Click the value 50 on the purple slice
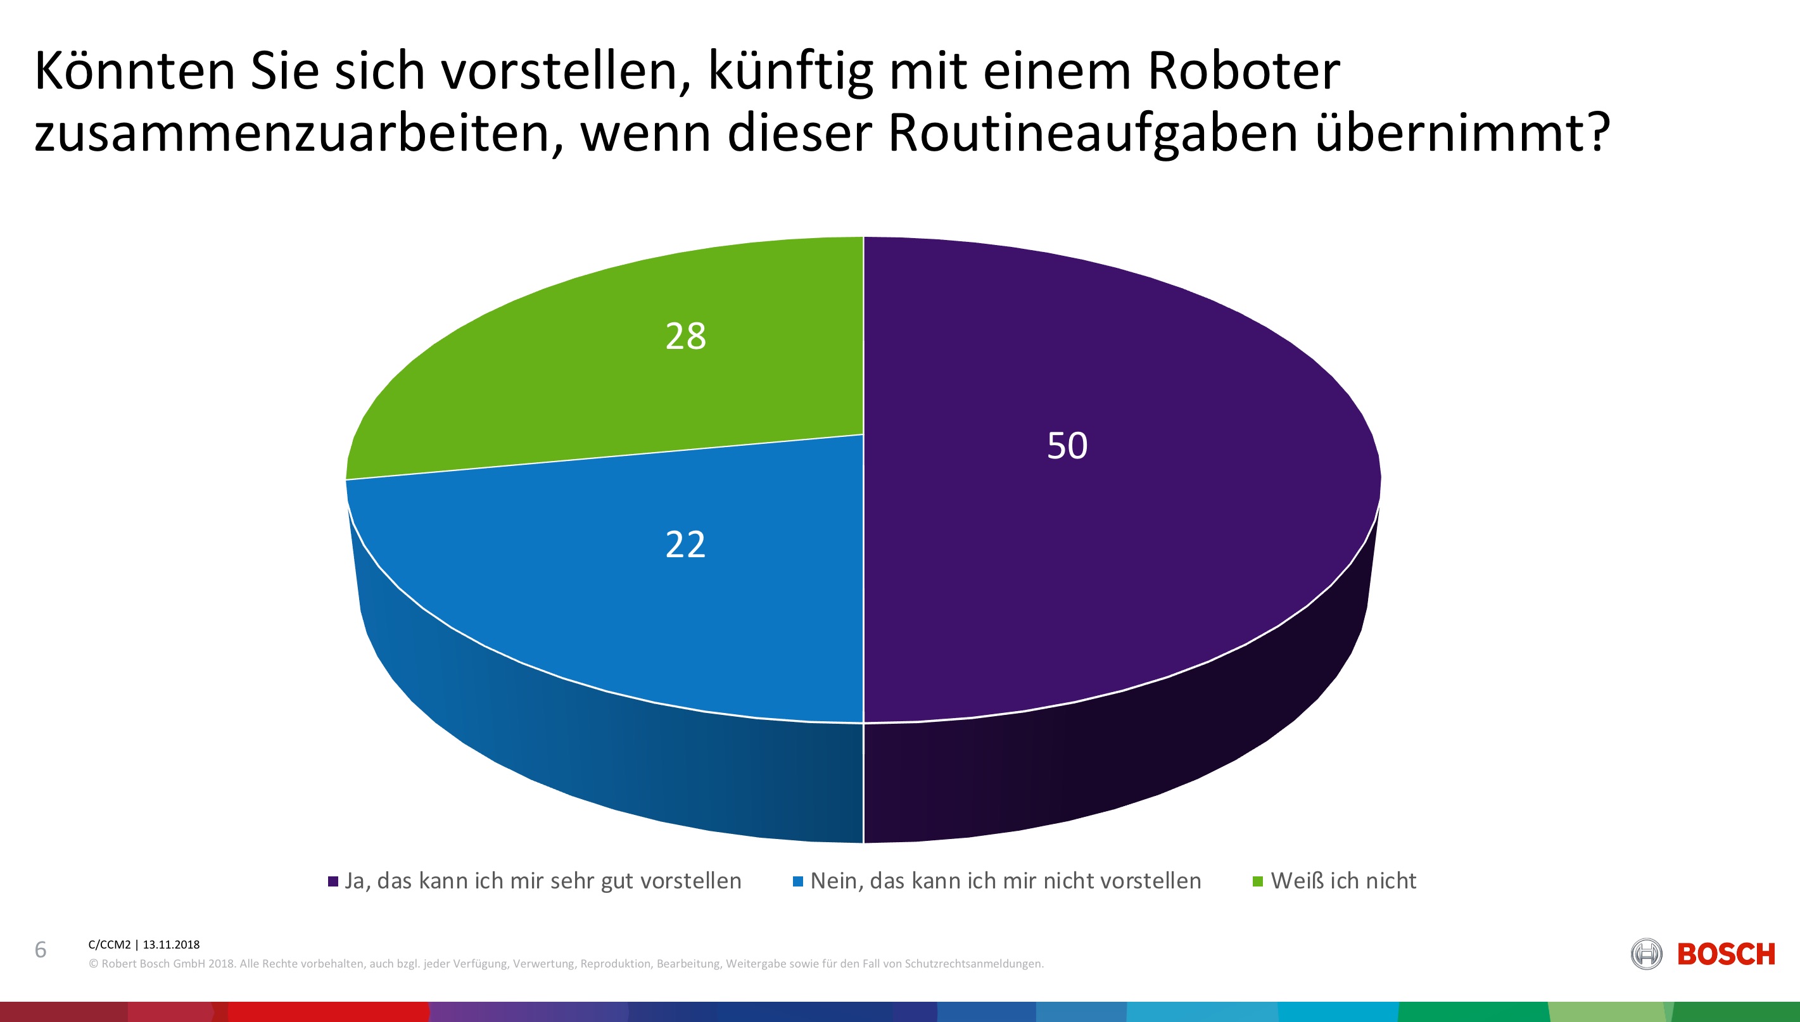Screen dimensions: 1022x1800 click(1067, 446)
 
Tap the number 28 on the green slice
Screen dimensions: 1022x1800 click(685, 336)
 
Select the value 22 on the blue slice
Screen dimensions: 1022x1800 click(685, 545)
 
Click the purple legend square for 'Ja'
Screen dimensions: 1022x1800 click(333, 881)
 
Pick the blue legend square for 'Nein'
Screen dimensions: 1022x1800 click(797, 881)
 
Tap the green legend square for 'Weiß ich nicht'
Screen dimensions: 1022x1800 click(1258, 881)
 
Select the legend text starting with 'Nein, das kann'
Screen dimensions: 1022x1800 click(1005, 881)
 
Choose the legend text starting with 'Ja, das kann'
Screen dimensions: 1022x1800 click(543, 881)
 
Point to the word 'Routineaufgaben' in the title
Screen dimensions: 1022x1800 click(1093, 133)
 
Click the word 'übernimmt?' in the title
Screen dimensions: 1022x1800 click(1462, 133)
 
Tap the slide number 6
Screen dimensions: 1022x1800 click(41, 950)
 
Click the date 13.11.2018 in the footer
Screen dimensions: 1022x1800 click(171, 945)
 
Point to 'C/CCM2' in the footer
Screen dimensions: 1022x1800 click(110, 945)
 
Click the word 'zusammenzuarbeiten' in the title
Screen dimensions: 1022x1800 click(298, 133)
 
